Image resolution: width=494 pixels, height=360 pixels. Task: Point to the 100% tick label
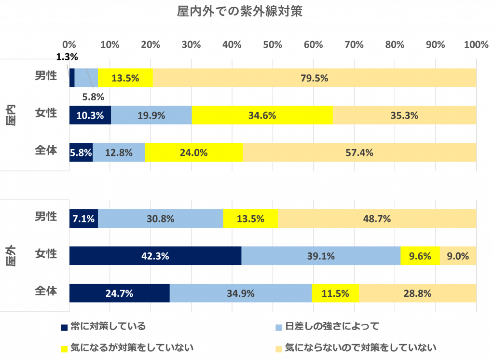click(476, 45)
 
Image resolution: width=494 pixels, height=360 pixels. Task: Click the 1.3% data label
click(67, 57)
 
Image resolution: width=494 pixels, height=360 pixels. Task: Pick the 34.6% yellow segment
click(262, 115)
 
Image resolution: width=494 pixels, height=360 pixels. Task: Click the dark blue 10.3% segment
click(90, 115)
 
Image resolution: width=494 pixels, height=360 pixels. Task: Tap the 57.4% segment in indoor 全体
click(359, 152)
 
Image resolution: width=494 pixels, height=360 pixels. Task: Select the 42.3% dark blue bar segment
click(155, 256)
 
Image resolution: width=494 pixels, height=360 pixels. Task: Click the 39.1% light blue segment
click(321, 256)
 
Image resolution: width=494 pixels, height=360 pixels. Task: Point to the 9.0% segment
click(458, 256)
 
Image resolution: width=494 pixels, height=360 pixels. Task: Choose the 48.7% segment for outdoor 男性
click(377, 219)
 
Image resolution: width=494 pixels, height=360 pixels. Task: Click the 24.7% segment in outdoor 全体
click(120, 293)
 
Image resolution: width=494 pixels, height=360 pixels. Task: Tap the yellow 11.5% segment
click(335, 293)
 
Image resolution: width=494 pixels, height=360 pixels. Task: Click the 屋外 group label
click(11, 255)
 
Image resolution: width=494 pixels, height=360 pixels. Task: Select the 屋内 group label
click(11, 115)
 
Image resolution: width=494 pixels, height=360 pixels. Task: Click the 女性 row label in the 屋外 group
click(46, 254)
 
